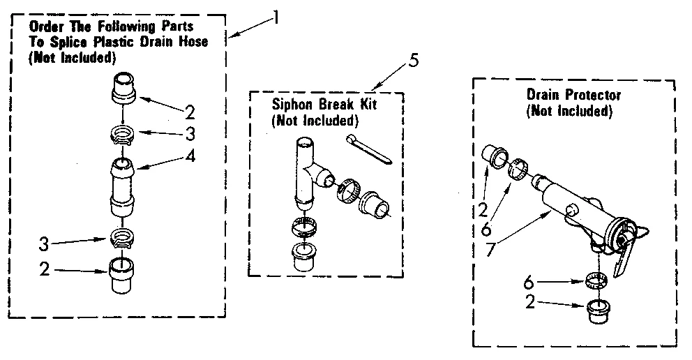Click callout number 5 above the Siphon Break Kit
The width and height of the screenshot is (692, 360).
[414, 60]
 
